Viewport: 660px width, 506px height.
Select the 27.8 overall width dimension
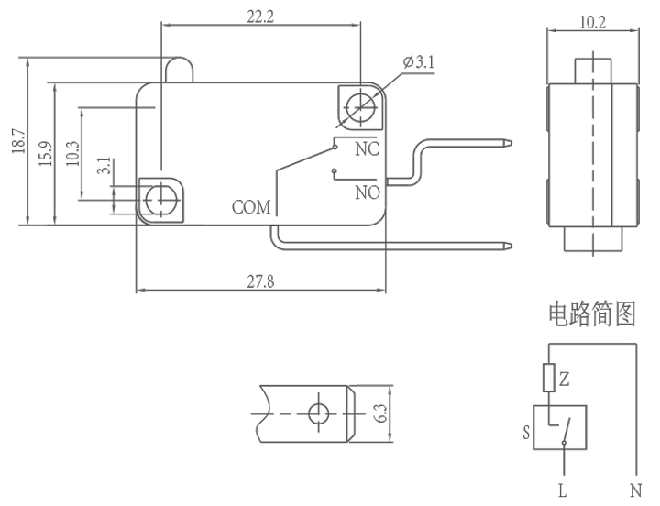point(260,281)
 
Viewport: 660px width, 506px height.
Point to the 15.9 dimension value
point(44,151)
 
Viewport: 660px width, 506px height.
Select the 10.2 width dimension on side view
point(593,22)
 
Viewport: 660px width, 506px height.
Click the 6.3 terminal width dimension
point(380,414)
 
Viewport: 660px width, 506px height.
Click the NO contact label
point(367,192)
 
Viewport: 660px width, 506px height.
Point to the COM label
point(251,207)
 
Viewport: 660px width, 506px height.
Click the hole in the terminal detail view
point(318,413)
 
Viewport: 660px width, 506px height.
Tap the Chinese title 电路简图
point(591,315)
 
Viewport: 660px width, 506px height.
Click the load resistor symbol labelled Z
point(549,378)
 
